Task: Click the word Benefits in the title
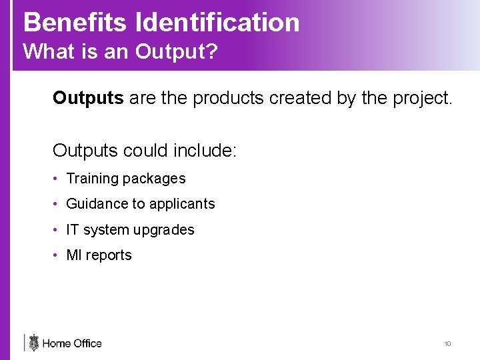[75, 22]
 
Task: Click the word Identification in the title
[217, 22]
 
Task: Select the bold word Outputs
[88, 99]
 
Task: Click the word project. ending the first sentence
[420, 99]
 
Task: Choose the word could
[146, 150]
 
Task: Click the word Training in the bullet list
[92, 179]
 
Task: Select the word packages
[154, 179]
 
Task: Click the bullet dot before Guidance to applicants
[57, 204]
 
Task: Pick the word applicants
[182, 204]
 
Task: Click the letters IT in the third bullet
[73, 230]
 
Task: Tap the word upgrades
[164, 230]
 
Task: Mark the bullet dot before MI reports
[57, 255]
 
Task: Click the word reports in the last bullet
[109, 255]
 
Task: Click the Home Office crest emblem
[34, 343]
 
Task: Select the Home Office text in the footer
[72, 344]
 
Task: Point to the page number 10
[447, 344]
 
